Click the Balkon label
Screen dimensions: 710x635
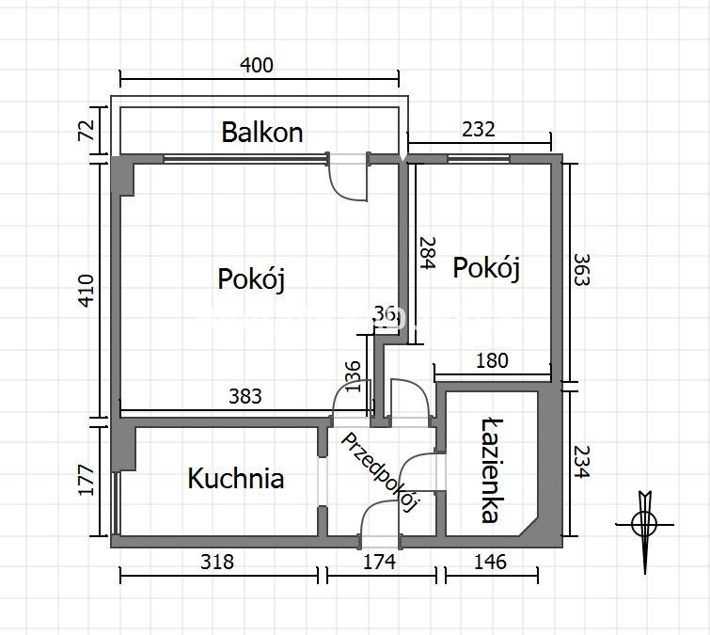[x=262, y=133]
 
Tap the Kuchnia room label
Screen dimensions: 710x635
[x=236, y=478]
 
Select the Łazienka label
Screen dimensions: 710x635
[x=492, y=471]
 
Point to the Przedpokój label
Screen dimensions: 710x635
[x=380, y=472]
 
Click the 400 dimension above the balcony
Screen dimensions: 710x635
[x=257, y=65]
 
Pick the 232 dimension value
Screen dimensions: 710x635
[x=479, y=130]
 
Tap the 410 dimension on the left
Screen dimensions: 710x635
[x=86, y=291]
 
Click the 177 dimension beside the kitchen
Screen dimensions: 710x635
[x=86, y=480]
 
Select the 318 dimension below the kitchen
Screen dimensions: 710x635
[x=217, y=562]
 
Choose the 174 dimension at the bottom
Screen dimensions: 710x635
[x=380, y=562]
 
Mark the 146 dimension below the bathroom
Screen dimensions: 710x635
[x=490, y=562]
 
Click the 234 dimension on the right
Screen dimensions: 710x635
[x=582, y=462]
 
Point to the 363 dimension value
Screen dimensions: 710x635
[x=582, y=269]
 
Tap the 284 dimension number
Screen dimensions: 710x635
[x=427, y=253]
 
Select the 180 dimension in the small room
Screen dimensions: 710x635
[x=492, y=360]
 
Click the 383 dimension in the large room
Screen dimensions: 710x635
[x=245, y=396]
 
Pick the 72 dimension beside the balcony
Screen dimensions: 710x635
[x=86, y=130]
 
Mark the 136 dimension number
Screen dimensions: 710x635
[x=353, y=376]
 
